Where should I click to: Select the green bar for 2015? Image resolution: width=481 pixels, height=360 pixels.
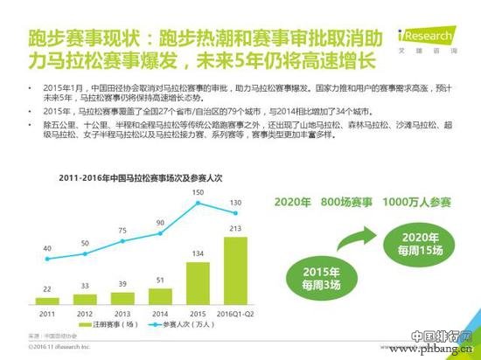click(x=197, y=280)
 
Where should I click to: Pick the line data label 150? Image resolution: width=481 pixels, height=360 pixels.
click(x=198, y=191)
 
